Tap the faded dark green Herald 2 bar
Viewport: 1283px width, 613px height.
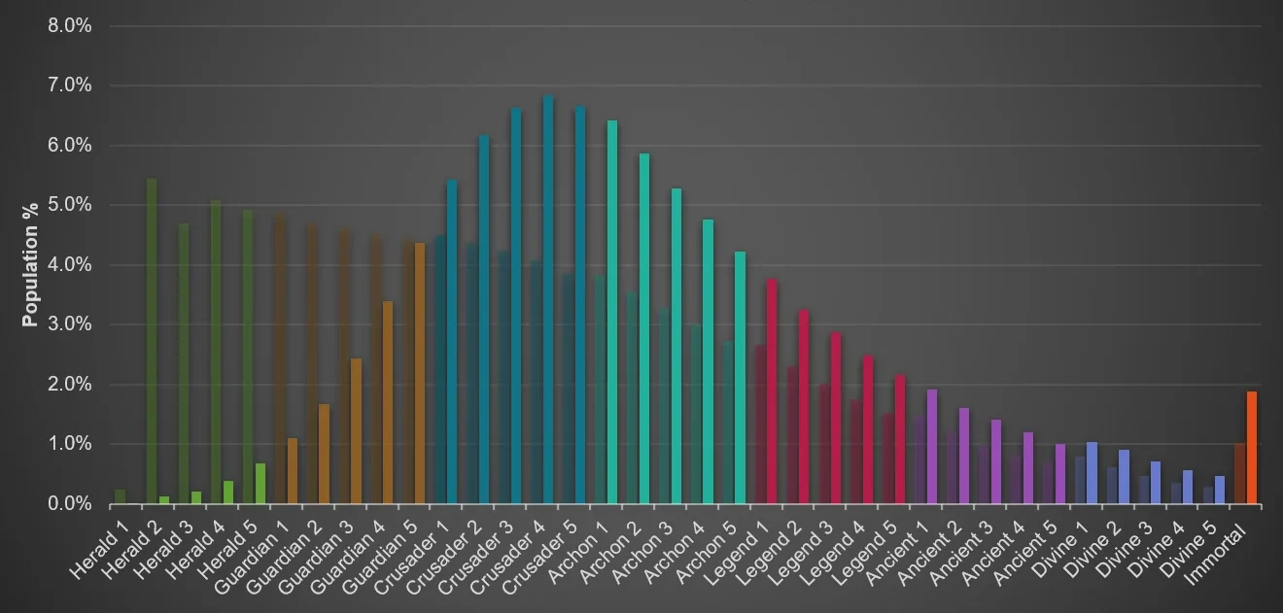152,340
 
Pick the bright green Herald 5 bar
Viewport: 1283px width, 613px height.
260,484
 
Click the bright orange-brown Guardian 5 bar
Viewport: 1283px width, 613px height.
420,373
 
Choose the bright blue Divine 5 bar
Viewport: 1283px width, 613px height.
1220,490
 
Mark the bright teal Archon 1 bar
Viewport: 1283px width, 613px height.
612,312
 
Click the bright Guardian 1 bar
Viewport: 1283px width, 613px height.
292,471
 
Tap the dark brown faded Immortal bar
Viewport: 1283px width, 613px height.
1239,474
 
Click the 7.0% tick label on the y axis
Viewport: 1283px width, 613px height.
69,85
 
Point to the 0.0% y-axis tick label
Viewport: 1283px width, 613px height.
69,504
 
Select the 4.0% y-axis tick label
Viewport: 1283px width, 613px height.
69,265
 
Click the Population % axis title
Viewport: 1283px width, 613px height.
30,264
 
